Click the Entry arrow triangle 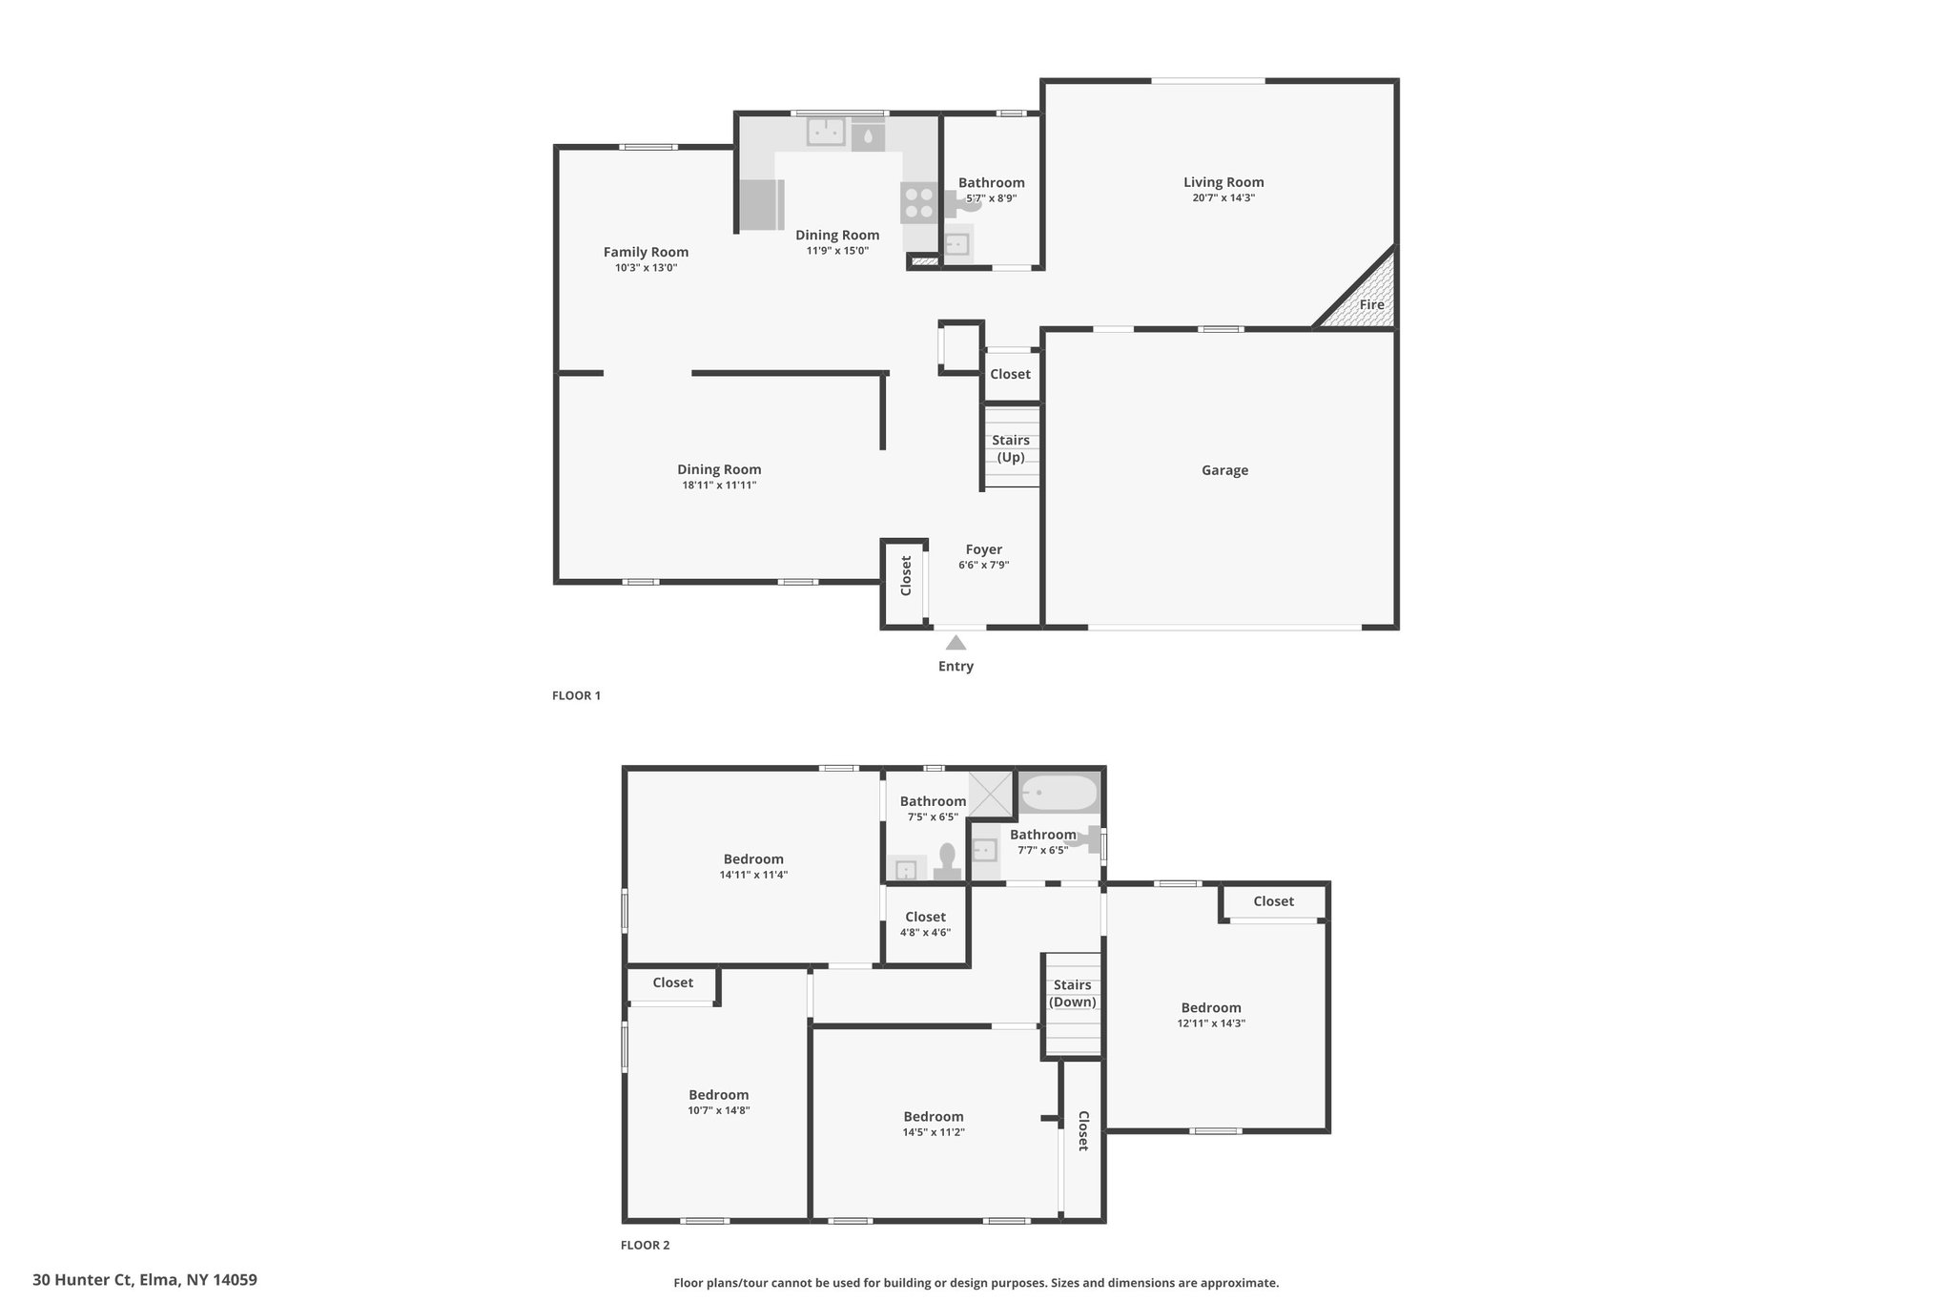(x=956, y=643)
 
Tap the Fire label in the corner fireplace (x=1371, y=305)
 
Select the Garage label (x=1224, y=470)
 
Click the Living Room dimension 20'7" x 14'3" (x=1223, y=198)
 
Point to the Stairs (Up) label (x=1011, y=448)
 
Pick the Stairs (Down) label (x=1073, y=994)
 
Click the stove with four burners (x=918, y=202)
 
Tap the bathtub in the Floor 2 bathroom (x=1059, y=793)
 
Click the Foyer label (x=984, y=549)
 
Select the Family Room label (x=646, y=252)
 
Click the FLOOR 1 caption (x=576, y=695)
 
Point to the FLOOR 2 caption (x=645, y=1245)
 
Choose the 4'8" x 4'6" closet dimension (x=925, y=933)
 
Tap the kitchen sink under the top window (x=826, y=132)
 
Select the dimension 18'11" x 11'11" (x=719, y=486)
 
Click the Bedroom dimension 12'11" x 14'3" (x=1211, y=1023)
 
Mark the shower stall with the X (x=992, y=795)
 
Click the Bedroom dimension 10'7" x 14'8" (x=719, y=1110)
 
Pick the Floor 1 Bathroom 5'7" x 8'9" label (x=992, y=190)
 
